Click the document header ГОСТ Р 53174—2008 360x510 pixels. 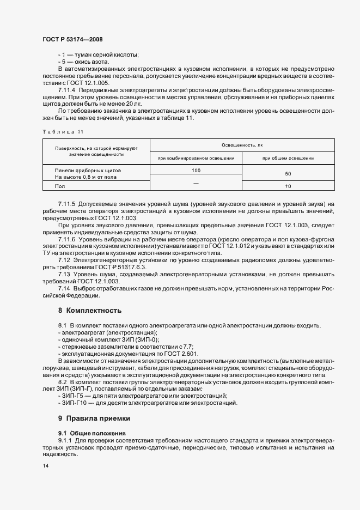(72, 39)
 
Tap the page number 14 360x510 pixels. (45, 466)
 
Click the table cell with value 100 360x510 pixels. (196, 171)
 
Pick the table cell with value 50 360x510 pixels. (288, 174)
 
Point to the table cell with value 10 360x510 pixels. (288, 186)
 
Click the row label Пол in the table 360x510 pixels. (60, 186)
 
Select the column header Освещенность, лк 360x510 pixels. (242, 146)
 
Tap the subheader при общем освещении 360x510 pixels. (288, 158)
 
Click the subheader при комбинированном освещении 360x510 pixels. (196, 158)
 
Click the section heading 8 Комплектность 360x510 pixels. (89, 311)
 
